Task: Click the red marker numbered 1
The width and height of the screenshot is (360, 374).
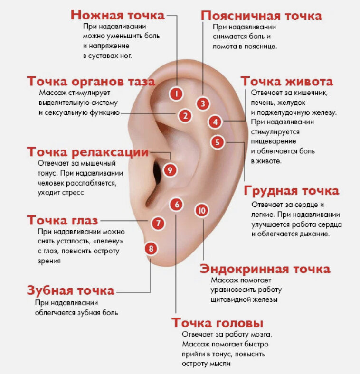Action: click(x=176, y=93)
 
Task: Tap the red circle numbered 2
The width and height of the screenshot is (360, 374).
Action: click(x=185, y=115)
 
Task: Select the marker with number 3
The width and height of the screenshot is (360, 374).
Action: click(x=203, y=103)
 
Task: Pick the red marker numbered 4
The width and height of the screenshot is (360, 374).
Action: click(x=215, y=122)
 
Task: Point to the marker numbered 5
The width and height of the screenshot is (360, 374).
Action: click(x=217, y=141)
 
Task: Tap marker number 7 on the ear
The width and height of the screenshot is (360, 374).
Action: click(x=159, y=223)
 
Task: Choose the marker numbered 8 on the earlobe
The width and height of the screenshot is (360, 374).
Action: click(x=151, y=248)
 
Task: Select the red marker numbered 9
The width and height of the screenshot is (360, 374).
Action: click(x=170, y=169)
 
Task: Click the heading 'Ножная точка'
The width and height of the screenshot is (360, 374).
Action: click(x=117, y=15)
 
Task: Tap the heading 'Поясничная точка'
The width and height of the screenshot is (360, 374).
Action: click(x=261, y=15)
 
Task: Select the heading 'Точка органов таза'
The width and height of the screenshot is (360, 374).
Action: click(x=91, y=81)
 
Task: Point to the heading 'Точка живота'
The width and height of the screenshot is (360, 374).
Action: click(x=286, y=81)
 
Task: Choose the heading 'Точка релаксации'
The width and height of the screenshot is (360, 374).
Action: click(x=88, y=152)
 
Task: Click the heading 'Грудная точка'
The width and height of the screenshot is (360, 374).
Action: click(x=292, y=191)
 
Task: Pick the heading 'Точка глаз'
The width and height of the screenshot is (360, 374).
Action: click(x=63, y=221)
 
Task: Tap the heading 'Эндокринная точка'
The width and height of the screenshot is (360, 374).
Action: click(x=265, y=269)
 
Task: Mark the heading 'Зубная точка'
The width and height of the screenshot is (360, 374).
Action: click(x=70, y=290)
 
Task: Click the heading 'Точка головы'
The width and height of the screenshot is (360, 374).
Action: click(x=218, y=323)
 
